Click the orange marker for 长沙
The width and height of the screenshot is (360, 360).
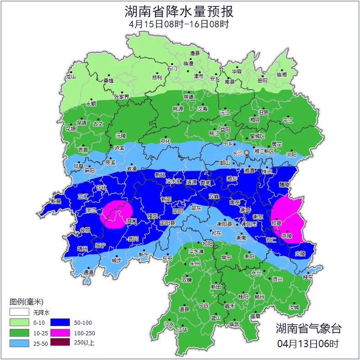tap(247, 152)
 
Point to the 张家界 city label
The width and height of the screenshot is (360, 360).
tap(122, 97)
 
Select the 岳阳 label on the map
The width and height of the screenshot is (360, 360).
tap(262, 81)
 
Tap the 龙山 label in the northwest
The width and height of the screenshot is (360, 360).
tap(70, 76)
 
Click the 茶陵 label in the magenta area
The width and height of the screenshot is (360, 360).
tap(287, 236)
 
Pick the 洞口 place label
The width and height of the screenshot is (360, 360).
tap(131, 221)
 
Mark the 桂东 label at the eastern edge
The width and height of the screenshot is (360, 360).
tap(308, 277)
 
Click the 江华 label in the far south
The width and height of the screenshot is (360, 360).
tap(183, 329)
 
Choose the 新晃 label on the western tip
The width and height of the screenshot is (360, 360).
tap(56, 201)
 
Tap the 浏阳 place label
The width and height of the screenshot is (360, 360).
tap(291, 155)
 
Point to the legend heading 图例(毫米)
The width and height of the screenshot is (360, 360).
tap(26, 302)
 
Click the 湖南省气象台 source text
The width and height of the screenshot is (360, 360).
tap(308, 328)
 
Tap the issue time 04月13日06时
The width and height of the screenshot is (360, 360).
tap(308, 343)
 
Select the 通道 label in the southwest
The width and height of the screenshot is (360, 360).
tap(89, 272)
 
